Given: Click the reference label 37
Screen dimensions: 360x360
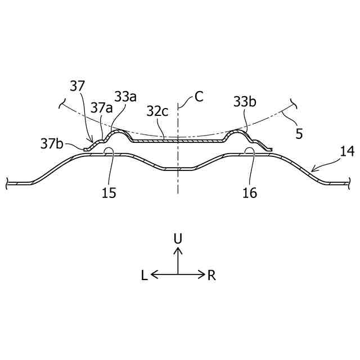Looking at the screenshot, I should (x=78, y=86).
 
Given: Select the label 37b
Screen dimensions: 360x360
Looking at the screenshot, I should (x=52, y=143).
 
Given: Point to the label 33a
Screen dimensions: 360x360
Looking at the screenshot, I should (x=125, y=96).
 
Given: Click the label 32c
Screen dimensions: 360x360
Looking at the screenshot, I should (x=157, y=111).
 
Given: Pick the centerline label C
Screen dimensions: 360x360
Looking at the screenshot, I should (x=199, y=96).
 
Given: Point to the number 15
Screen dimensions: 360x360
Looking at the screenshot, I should (x=109, y=193).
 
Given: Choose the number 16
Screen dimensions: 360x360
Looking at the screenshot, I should (x=250, y=193).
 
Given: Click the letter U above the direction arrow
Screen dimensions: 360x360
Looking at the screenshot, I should (x=178, y=238).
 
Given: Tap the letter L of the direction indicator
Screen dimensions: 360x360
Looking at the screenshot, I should (x=145, y=275).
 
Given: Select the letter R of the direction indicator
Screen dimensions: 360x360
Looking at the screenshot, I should (x=211, y=275).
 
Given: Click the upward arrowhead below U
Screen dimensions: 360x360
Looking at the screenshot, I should (x=178, y=251).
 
